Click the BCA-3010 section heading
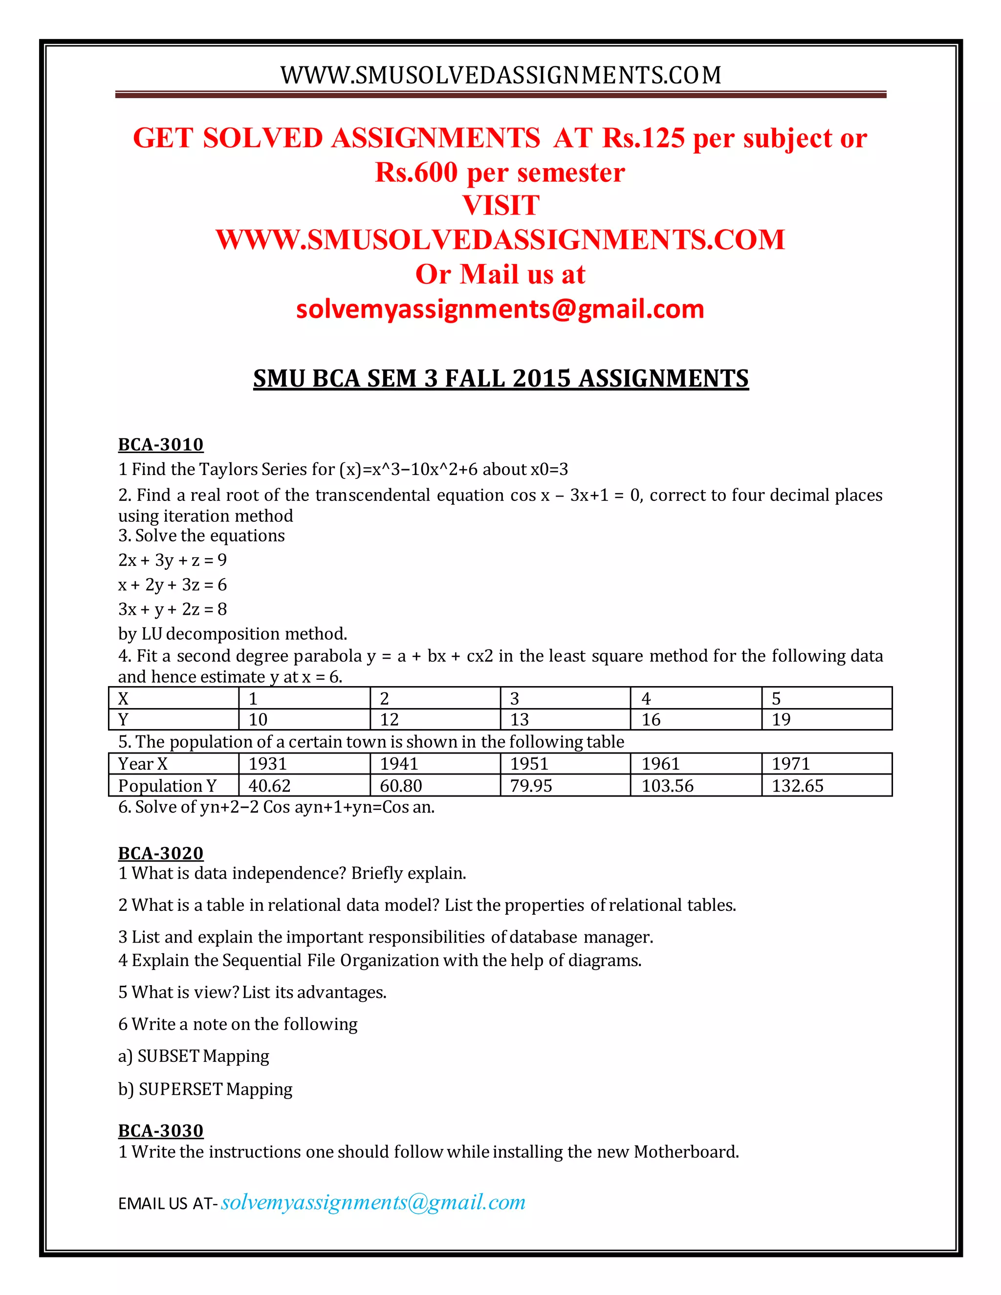[x=161, y=444]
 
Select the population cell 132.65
[x=798, y=786]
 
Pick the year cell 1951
[x=529, y=764]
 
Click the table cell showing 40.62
[x=270, y=786]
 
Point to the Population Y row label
[x=167, y=786]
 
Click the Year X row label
[x=143, y=764]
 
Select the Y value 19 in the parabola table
[x=781, y=719]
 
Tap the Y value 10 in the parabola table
[x=258, y=719]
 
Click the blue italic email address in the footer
[x=373, y=1202]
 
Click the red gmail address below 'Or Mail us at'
[x=500, y=309]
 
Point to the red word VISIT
[x=500, y=206]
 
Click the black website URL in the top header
[x=500, y=75]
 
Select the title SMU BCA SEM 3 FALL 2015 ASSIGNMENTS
[x=500, y=378]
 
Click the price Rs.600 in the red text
[x=416, y=173]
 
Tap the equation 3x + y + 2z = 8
[x=173, y=609]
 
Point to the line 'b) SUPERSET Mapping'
[x=205, y=1089]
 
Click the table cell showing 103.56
[x=667, y=786]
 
